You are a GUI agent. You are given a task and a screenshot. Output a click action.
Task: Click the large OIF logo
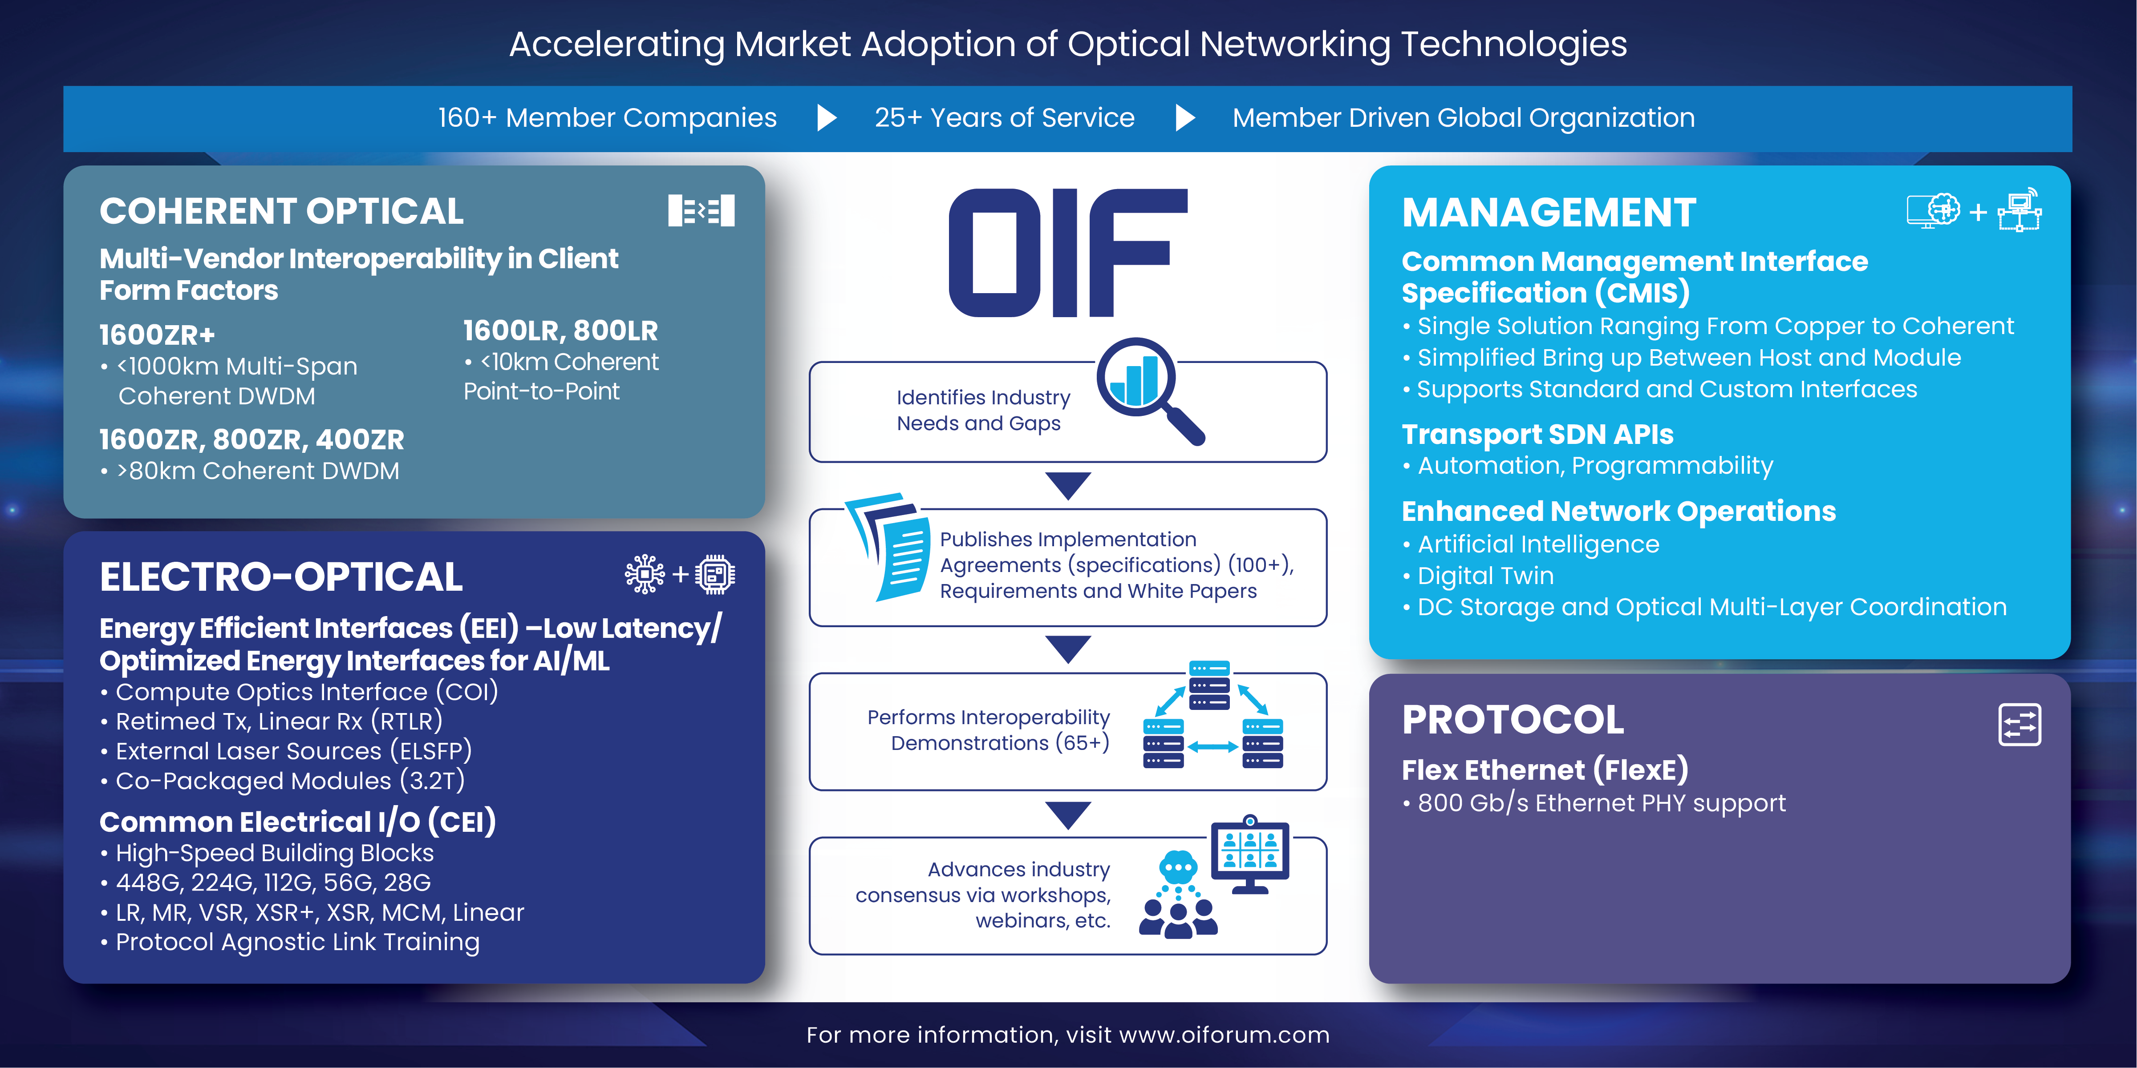(1068, 253)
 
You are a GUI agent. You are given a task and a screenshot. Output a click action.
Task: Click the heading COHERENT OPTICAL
(281, 211)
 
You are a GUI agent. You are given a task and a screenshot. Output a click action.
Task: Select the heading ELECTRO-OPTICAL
(281, 577)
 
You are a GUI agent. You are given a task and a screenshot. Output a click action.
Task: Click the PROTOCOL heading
(1513, 720)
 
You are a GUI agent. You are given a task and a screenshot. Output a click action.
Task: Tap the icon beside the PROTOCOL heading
(2019, 725)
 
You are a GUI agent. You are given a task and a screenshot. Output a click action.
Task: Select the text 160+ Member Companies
(607, 118)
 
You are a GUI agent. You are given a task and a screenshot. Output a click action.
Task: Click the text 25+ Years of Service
(1005, 118)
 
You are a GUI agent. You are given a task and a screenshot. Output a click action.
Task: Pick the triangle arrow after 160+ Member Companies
(826, 118)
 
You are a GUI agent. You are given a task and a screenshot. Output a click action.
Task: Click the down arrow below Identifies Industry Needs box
(1068, 486)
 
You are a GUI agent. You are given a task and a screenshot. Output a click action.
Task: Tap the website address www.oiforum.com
(1224, 1035)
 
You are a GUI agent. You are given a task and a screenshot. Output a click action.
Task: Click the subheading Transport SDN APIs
(1537, 435)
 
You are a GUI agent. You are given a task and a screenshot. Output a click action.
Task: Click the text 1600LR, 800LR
(560, 331)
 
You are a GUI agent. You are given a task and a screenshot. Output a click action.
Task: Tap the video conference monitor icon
(1250, 854)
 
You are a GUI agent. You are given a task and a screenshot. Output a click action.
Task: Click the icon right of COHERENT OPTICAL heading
(701, 210)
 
